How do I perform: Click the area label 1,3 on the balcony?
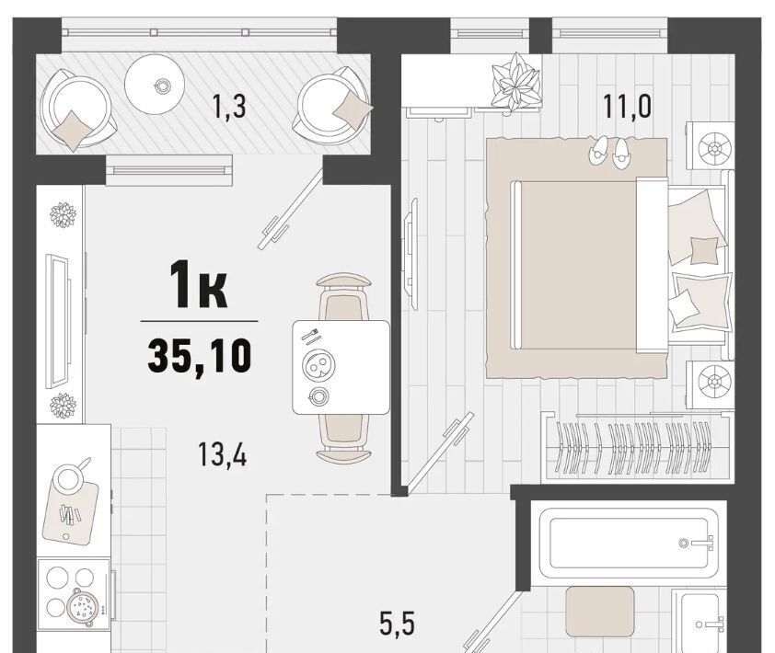coord(228,107)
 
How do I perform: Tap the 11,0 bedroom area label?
coord(627,107)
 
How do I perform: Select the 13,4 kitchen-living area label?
coord(223,454)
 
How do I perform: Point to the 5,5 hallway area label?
coord(398,624)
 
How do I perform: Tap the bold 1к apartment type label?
coord(199,285)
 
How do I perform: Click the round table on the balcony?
coord(155,85)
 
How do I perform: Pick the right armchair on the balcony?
coord(334,106)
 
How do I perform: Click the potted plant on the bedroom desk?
coord(515,82)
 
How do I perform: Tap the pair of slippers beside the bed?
coord(610,152)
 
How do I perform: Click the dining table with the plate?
coord(341,367)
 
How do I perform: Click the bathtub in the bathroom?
coord(629,543)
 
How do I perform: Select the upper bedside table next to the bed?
coord(711,146)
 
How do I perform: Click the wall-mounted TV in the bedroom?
coord(411,254)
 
